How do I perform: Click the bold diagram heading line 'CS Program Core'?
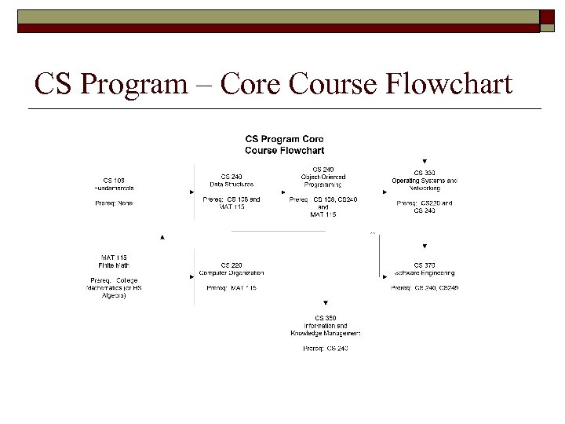click(x=284, y=139)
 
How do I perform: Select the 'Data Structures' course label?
click(x=231, y=184)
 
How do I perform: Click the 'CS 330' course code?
click(x=425, y=173)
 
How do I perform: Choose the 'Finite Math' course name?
click(x=115, y=265)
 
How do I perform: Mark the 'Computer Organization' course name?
click(x=231, y=272)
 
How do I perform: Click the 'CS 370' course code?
click(x=425, y=265)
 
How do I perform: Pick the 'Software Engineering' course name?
click(x=425, y=272)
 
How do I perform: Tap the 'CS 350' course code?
click(x=325, y=318)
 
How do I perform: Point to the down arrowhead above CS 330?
click(x=425, y=161)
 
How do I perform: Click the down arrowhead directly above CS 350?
click(x=325, y=303)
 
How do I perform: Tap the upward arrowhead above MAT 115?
click(x=162, y=236)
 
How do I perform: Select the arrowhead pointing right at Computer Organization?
click(x=193, y=276)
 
